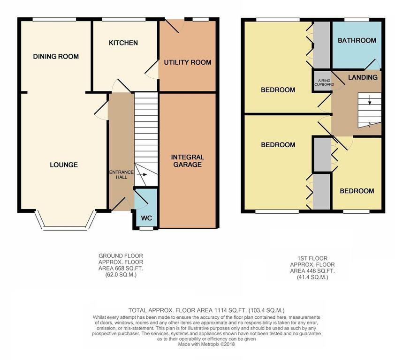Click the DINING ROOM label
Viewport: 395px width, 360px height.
pyautogui.click(x=56, y=56)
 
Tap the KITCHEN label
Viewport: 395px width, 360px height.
pyautogui.click(x=123, y=43)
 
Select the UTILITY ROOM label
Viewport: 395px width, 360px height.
pyautogui.click(x=187, y=62)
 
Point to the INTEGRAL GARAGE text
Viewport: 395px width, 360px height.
pyautogui.click(x=187, y=161)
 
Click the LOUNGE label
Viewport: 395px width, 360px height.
pyautogui.click(x=64, y=165)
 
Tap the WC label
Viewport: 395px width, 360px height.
pyautogui.click(x=146, y=217)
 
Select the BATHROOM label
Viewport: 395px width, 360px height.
pyautogui.click(x=357, y=41)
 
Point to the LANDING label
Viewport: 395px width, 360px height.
pyautogui.click(x=363, y=77)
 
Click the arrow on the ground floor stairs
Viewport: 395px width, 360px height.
pyautogui.click(x=143, y=174)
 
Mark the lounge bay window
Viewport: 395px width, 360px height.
pyautogui.click(x=64, y=228)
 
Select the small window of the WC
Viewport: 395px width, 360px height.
pyautogui.click(x=146, y=229)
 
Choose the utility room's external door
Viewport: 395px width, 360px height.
pyautogui.click(x=171, y=26)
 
